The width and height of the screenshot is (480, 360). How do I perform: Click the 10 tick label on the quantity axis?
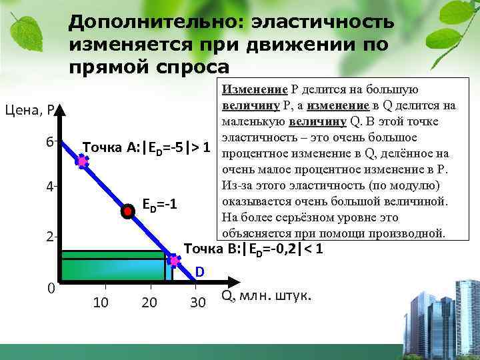(101, 303)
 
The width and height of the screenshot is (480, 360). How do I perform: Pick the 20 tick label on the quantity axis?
(149, 303)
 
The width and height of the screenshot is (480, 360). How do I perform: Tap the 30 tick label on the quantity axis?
(197, 303)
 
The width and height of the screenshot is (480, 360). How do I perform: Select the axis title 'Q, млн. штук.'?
(265, 295)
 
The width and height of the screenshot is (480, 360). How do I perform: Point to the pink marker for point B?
(174, 260)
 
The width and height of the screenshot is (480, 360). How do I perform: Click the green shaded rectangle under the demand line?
(113, 269)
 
